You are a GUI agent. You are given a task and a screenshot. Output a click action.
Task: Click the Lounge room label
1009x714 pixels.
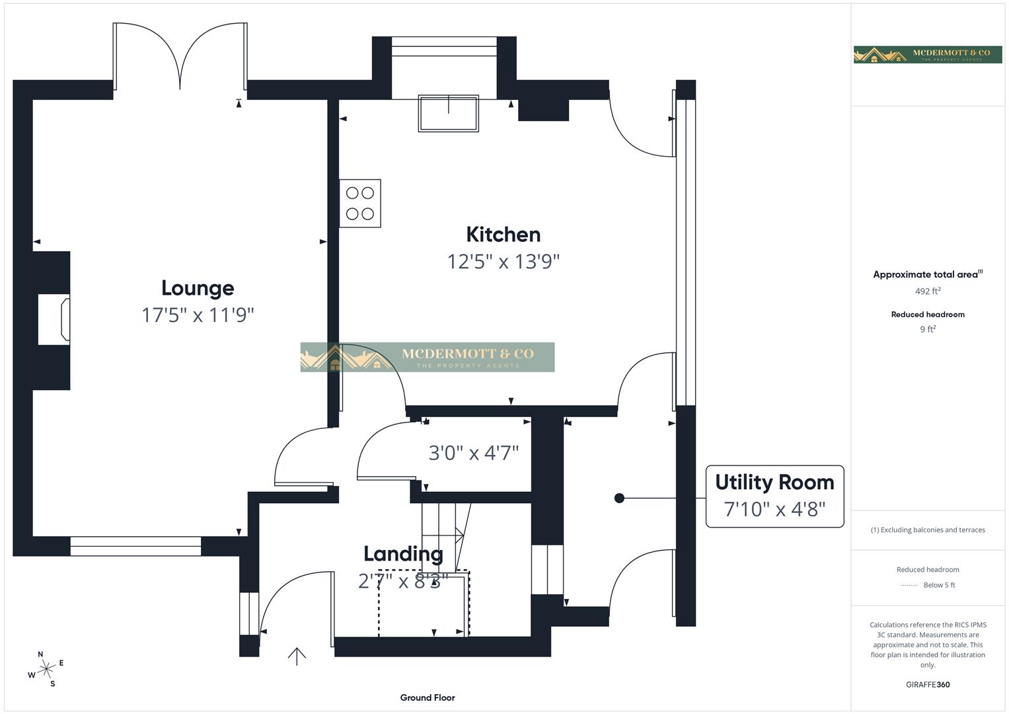pos(198,288)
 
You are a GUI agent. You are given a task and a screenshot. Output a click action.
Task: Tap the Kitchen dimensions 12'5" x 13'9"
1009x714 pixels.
pos(503,262)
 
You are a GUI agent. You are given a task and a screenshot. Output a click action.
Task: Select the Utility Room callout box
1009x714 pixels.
pos(774,496)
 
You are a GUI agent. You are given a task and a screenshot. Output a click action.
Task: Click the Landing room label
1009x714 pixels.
pos(403,554)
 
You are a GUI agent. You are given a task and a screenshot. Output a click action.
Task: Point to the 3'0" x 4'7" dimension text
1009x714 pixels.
pos(473,453)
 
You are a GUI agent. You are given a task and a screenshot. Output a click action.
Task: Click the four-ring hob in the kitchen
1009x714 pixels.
pos(360,204)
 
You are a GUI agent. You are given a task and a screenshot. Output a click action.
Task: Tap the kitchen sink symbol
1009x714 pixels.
pos(448,113)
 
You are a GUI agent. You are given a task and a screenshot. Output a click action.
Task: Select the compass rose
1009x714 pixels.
pos(46,669)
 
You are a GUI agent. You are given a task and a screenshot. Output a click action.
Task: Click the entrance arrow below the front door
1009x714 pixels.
pos(297,656)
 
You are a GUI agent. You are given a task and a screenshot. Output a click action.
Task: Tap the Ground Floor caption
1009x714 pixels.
pos(428,697)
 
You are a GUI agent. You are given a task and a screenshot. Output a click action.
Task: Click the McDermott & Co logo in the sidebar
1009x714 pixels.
pos(927,55)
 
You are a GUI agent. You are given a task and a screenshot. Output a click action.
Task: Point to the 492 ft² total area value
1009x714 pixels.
pos(927,291)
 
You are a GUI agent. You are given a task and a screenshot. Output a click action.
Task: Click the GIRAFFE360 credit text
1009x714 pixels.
pos(927,685)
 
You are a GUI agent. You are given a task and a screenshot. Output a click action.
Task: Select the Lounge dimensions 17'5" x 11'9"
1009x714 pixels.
pos(198,315)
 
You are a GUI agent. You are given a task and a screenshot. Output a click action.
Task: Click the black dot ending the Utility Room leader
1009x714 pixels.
pos(619,498)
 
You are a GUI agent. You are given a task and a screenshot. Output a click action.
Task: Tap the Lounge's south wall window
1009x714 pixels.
pos(135,546)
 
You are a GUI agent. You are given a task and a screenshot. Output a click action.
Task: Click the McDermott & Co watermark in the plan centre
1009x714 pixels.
pos(427,357)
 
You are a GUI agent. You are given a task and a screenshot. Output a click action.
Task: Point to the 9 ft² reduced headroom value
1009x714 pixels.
pos(927,329)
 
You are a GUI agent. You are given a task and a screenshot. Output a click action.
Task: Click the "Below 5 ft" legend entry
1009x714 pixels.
pos(928,585)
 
